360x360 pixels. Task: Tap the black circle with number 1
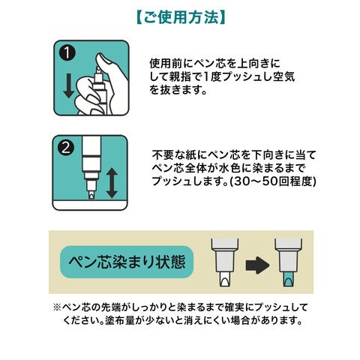67,52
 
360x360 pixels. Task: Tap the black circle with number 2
66,148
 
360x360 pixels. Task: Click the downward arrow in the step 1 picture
68,85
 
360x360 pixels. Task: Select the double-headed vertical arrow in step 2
112,183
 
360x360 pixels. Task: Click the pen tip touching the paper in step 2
91,195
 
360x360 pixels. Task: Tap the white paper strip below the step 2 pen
90,205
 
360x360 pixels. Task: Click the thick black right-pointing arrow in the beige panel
257,265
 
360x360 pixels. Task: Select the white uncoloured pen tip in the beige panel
225,280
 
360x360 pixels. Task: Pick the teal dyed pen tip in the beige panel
288,280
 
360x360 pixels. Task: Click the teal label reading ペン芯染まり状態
127,262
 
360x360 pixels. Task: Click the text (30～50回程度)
272,181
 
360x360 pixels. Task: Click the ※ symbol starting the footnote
57,307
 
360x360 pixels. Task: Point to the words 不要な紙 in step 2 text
173,154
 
